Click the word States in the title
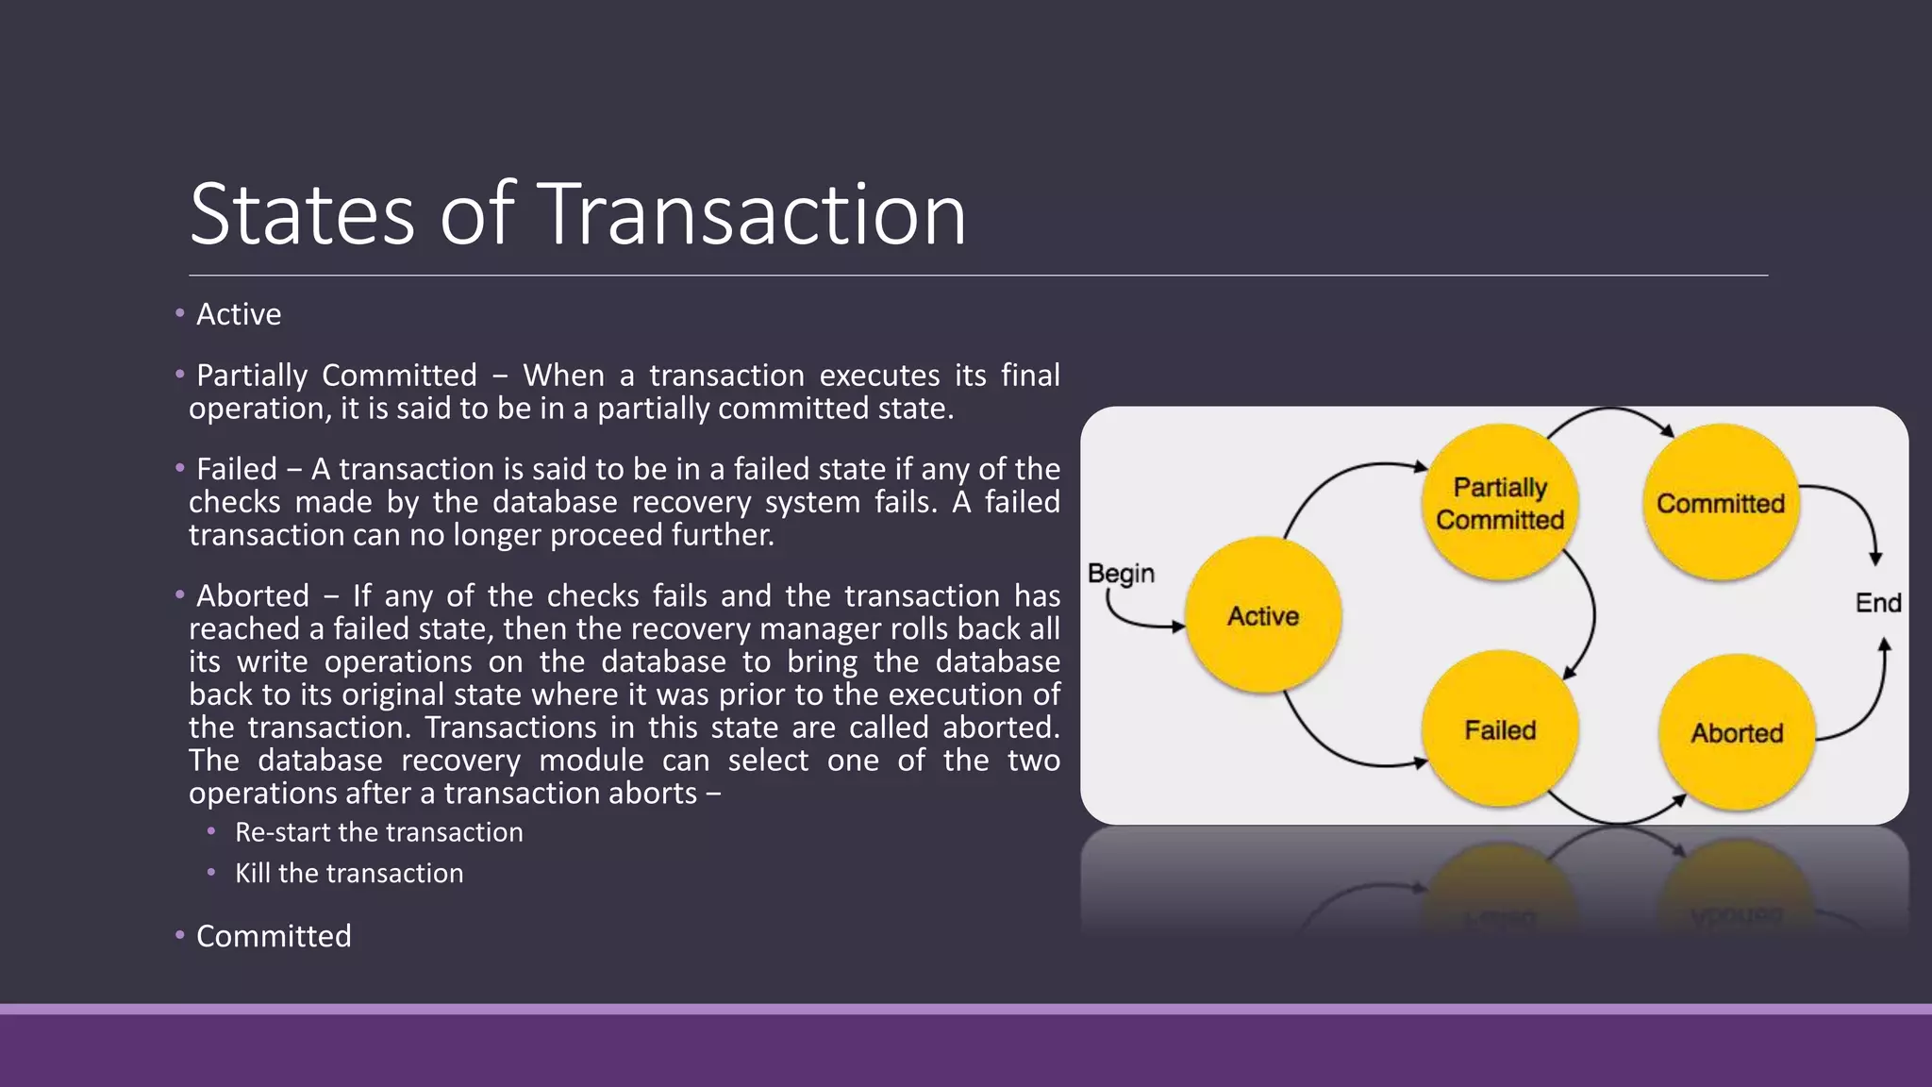coord(302,215)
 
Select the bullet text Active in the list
coord(239,314)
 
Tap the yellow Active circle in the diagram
coord(1263,615)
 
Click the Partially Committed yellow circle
coord(1500,503)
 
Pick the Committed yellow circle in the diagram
coord(1721,503)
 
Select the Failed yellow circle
coord(1500,729)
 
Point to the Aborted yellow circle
coord(1737,732)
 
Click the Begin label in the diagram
coord(1121,573)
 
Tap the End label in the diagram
coord(1877,603)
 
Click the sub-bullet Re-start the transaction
coord(378,832)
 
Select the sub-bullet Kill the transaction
coord(349,874)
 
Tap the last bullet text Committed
coord(274,936)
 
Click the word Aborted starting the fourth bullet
coord(253,596)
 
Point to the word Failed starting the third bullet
coord(237,469)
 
